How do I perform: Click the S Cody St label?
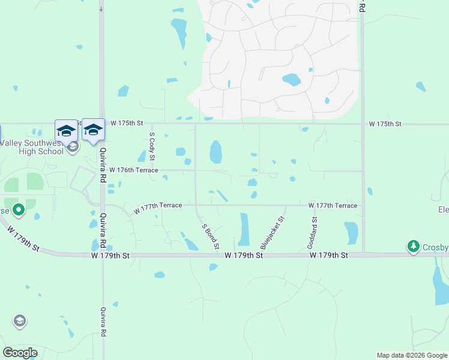(152, 146)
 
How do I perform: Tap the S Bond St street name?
(211, 235)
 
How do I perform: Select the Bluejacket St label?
(272, 233)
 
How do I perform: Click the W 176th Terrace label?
(133, 170)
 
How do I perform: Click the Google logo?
(20, 353)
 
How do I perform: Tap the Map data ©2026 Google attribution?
(412, 355)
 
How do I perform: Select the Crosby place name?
(435, 248)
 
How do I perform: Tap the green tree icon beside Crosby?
(413, 246)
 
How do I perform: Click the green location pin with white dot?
(19, 210)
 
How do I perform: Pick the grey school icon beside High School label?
(73, 147)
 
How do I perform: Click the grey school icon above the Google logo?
(20, 321)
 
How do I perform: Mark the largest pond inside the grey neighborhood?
(291, 80)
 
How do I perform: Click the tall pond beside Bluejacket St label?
(244, 230)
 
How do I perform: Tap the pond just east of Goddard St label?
(351, 233)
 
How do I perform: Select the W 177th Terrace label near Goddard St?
(333, 206)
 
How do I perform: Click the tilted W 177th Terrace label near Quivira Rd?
(158, 208)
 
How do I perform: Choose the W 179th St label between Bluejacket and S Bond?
(244, 256)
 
